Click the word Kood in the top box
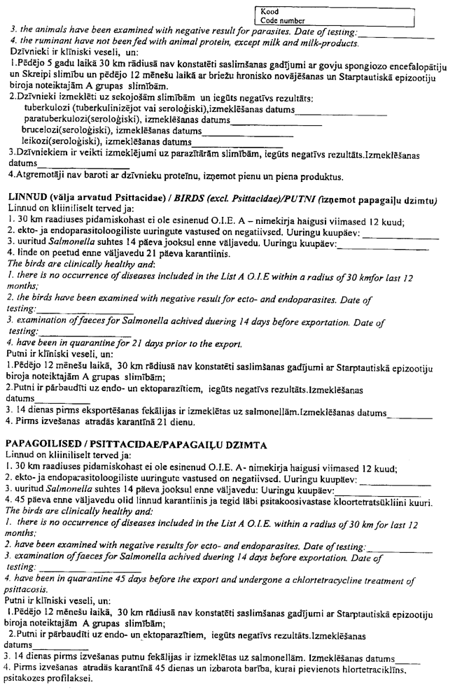(x=269, y=12)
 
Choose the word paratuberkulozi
(x=57, y=120)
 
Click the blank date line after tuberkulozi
(x=342, y=112)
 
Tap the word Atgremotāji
(x=38, y=175)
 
